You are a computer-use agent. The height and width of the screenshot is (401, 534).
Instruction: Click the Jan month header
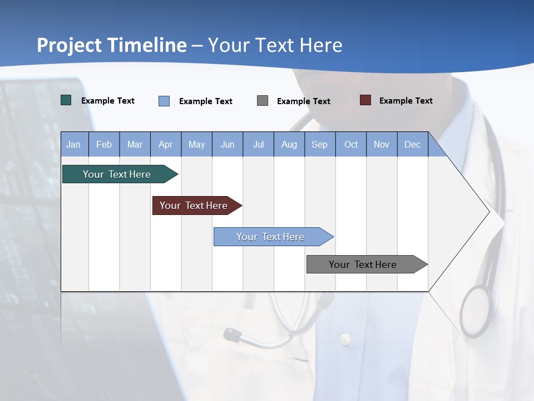(74, 144)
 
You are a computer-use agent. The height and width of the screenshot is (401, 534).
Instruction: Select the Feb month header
(104, 144)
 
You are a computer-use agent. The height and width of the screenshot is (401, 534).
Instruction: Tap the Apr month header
(166, 144)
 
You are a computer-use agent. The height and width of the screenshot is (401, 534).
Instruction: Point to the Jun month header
(228, 144)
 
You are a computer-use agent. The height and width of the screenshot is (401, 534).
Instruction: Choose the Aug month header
(289, 144)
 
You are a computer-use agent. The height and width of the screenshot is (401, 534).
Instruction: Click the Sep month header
(320, 144)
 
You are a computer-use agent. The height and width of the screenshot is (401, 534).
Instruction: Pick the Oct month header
(351, 144)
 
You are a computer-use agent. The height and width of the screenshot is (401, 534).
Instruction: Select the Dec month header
(413, 144)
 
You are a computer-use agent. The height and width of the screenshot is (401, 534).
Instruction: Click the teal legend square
(66, 100)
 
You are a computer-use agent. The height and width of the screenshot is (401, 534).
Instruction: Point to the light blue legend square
(164, 101)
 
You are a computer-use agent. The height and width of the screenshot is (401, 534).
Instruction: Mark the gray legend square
(263, 100)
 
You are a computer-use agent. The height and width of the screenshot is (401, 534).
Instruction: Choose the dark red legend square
(365, 100)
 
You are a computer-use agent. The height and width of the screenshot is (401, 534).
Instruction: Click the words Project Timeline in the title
(111, 45)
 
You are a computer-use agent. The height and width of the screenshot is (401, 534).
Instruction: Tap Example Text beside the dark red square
(406, 101)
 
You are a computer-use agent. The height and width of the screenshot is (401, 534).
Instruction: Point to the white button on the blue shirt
(345, 338)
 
